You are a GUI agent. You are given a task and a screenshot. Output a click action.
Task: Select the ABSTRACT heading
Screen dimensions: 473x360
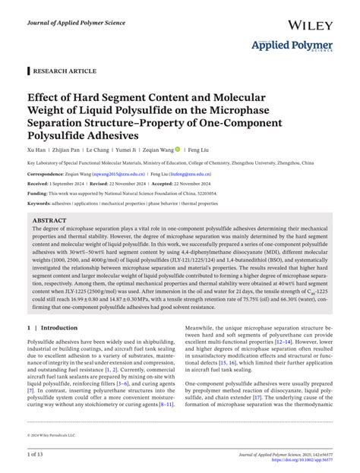[49, 220]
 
